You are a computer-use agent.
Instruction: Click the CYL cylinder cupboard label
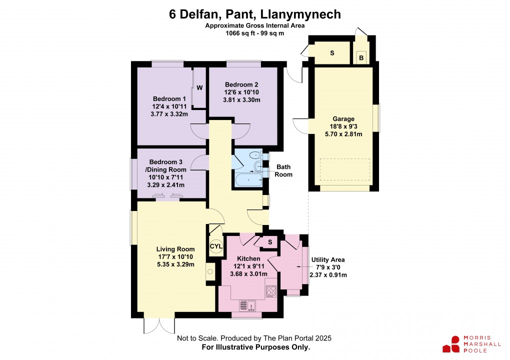[215, 246]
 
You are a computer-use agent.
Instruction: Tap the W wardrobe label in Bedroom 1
[199, 88]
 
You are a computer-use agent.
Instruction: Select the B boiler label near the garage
[360, 57]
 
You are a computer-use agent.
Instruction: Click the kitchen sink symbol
[247, 305]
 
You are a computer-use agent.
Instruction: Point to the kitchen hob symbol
[270, 290]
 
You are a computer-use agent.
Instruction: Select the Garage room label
[344, 119]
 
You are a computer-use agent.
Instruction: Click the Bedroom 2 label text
[241, 84]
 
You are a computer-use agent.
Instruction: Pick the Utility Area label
[327, 259]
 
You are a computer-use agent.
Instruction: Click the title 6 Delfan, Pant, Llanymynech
[255, 14]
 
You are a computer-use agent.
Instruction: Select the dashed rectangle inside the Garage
[345, 169]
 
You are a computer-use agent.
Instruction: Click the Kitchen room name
[248, 258]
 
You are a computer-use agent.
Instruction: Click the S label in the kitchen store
[270, 242]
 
